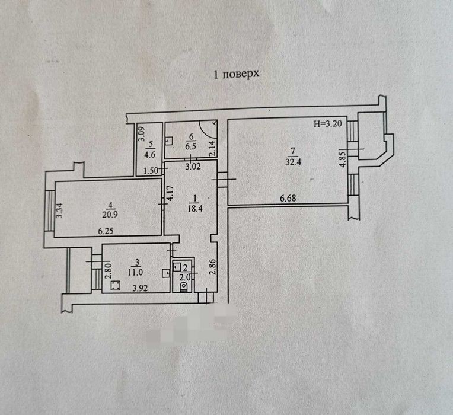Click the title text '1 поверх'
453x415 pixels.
coord(237,75)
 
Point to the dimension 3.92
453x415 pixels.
coord(140,289)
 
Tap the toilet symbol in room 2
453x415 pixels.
coord(183,287)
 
